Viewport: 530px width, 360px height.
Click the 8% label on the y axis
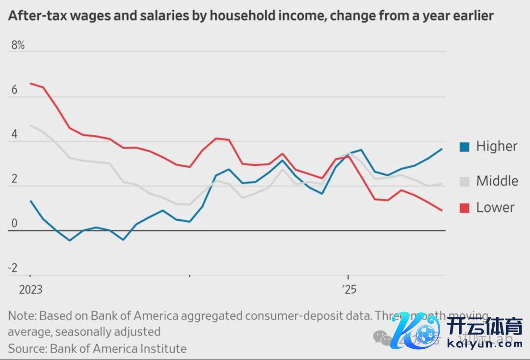click(18, 46)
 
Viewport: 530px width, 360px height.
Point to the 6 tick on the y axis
click(14, 90)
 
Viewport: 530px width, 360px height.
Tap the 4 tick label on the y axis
click(14, 134)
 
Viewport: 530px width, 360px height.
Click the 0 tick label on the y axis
click(14, 224)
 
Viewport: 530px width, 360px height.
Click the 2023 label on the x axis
click(30, 290)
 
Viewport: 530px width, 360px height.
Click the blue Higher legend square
click(464, 147)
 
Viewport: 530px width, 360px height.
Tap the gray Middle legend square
click(464, 181)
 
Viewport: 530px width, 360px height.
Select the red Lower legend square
click(464, 208)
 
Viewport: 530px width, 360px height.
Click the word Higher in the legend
click(497, 147)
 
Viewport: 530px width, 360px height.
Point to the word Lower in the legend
click(495, 207)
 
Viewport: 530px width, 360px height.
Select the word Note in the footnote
click(21, 315)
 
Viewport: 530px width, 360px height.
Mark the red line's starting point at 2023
click(30, 83)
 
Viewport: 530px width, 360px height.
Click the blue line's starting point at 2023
click(30, 201)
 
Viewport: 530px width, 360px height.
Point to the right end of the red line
click(442, 210)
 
